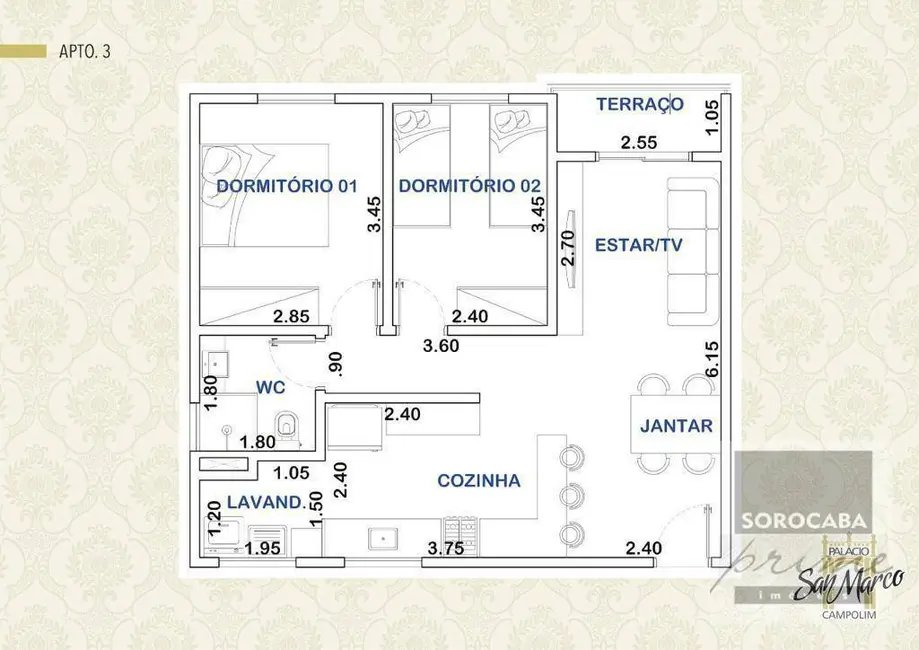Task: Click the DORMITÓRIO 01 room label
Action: click(287, 186)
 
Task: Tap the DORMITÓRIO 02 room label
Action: click(469, 186)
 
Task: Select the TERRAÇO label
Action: click(640, 104)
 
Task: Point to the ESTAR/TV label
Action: click(639, 245)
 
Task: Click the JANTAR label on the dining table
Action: click(676, 426)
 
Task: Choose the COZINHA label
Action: click(479, 481)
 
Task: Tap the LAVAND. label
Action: click(264, 503)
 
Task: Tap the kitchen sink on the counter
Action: click(383, 538)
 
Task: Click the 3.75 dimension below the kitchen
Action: click(445, 548)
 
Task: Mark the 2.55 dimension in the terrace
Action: click(638, 143)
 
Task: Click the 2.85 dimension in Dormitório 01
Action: click(291, 318)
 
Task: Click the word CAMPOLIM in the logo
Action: click(849, 615)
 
